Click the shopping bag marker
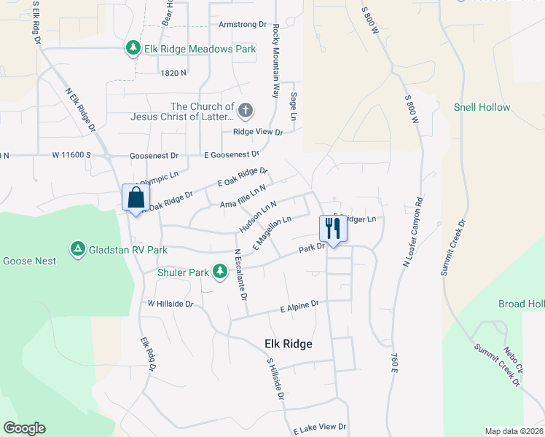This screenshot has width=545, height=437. (x=136, y=197)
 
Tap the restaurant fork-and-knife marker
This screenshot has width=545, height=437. (x=333, y=229)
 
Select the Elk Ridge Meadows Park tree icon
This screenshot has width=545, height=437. (x=133, y=49)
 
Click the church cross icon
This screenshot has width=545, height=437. (x=246, y=111)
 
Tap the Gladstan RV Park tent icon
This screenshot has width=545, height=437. (x=77, y=250)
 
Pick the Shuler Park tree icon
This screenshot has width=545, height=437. (x=219, y=272)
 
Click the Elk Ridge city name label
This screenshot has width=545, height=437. (x=288, y=344)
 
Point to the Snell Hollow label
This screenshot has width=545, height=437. (x=482, y=107)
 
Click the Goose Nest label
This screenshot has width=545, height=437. (x=28, y=261)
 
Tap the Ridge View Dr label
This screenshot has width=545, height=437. (x=257, y=132)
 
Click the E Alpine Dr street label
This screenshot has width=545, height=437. (x=300, y=307)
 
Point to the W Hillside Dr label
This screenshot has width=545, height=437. (x=170, y=303)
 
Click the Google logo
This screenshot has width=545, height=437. (x=24, y=428)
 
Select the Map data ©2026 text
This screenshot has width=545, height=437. (x=514, y=431)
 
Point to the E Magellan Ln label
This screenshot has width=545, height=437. (x=272, y=229)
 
